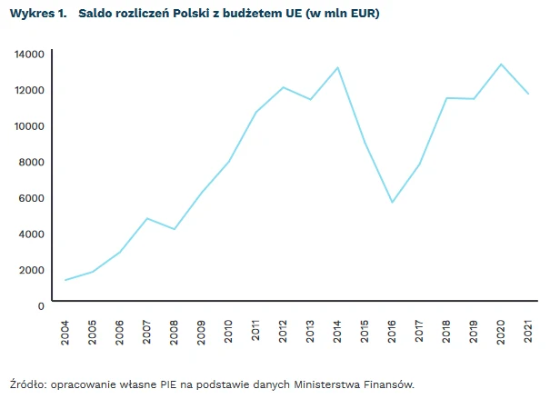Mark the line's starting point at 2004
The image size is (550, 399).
[x=65, y=280]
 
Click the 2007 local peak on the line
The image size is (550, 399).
[x=147, y=218]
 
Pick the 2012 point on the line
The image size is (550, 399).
[x=283, y=87]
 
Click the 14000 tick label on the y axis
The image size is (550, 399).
[x=29, y=55]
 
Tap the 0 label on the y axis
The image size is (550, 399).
[x=41, y=305]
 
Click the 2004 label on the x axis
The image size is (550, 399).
[x=65, y=331]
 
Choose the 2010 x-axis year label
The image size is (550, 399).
[x=228, y=331]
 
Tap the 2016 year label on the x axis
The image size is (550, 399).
[x=391, y=331]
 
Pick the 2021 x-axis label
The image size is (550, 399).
[x=526, y=331]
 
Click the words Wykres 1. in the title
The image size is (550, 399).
[x=35, y=15]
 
